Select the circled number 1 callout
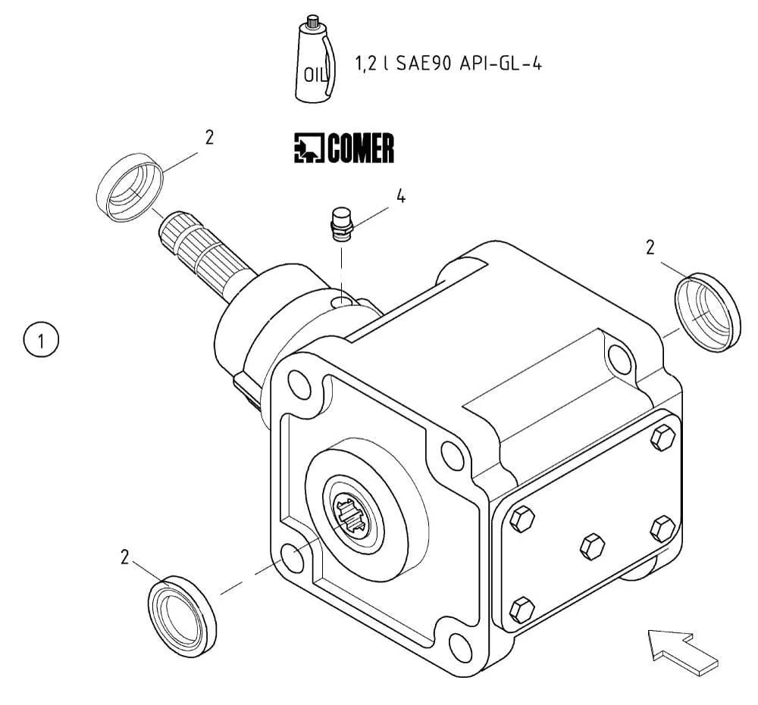(x=41, y=338)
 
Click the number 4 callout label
(x=400, y=197)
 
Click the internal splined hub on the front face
(x=353, y=514)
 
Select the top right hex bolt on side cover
(x=662, y=437)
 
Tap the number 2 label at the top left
(x=209, y=137)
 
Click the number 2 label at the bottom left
(x=125, y=558)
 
